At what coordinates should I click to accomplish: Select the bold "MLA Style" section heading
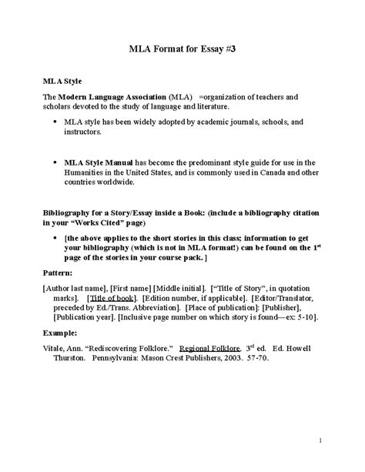61,80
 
